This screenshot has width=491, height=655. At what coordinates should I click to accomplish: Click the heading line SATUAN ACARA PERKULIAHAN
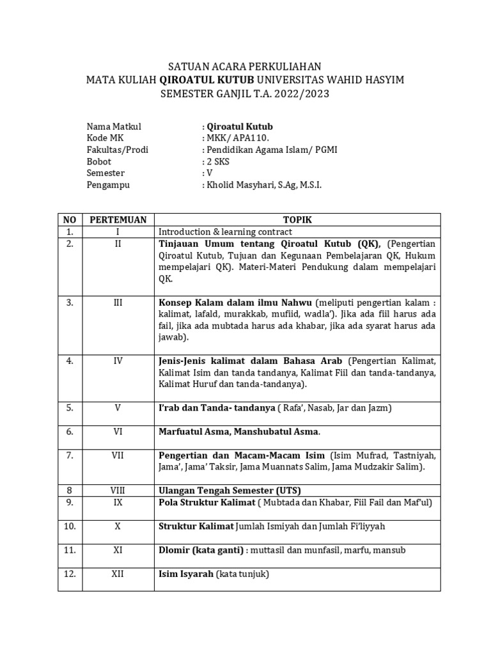pyautogui.click(x=245, y=67)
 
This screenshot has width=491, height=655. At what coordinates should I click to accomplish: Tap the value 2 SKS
pyautogui.click(x=217, y=161)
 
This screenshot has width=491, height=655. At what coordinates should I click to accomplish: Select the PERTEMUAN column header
pyautogui.click(x=118, y=219)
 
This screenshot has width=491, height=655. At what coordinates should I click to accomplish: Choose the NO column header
pyautogui.click(x=70, y=219)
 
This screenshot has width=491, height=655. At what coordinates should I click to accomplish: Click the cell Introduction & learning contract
pyautogui.click(x=225, y=232)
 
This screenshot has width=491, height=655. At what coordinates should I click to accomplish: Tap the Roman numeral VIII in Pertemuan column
pyautogui.click(x=118, y=491)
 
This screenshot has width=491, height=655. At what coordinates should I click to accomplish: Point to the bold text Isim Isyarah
pyautogui.click(x=185, y=574)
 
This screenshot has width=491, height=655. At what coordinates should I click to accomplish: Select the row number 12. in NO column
pyautogui.click(x=70, y=574)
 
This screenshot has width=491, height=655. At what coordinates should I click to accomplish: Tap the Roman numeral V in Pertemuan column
pyautogui.click(x=118, y=407)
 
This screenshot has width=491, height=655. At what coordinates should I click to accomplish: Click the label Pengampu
pyautogui.click(x=107, y=185)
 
